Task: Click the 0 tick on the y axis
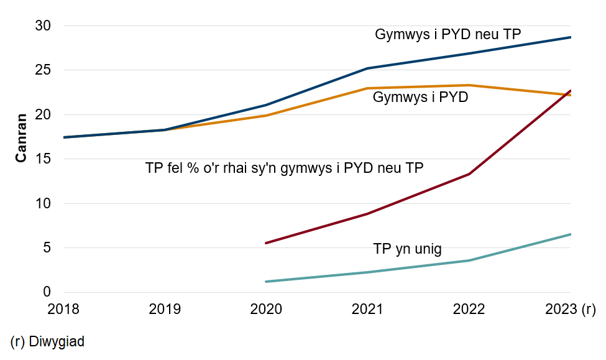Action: point(53,292)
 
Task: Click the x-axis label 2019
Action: point(164,309)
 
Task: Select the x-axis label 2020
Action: point(266,309)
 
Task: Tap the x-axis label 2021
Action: point(367,309)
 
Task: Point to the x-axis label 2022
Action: point(469,309)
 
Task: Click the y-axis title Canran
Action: point(21,137)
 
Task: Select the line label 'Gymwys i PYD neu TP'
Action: point(448,35)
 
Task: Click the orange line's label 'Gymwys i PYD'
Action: point(420,98)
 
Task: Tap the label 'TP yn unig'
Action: point(407,249)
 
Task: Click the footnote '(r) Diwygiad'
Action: point(47,341)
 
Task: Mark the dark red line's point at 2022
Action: point(469,174)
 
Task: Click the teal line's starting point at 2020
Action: point(266,282)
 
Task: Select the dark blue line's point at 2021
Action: point(367,68)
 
